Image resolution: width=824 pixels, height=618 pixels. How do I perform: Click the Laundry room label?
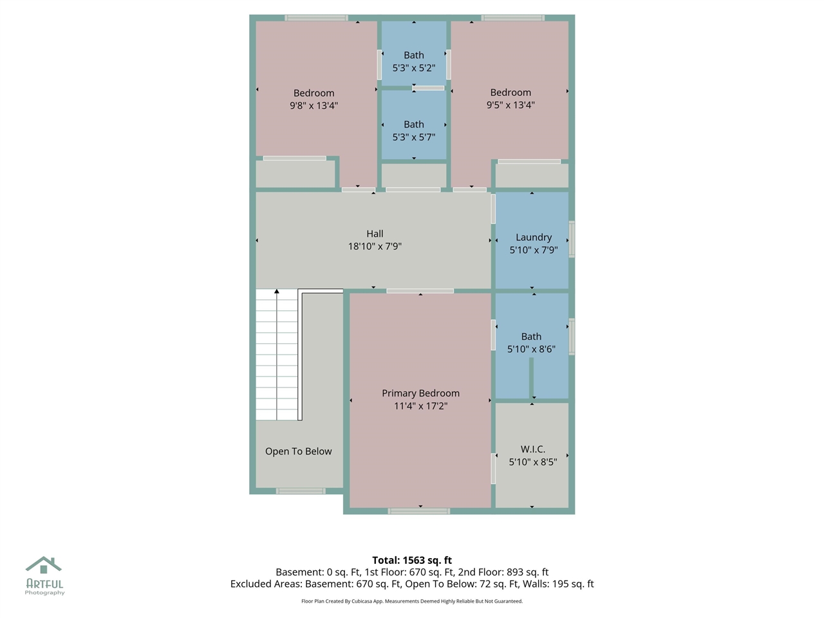coord(534,237)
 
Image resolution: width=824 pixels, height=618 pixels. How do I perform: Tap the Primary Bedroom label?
coord(420,393)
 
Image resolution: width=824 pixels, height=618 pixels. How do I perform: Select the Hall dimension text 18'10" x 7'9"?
coord(375,246)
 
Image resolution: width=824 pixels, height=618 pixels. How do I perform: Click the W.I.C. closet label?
coord(533,449)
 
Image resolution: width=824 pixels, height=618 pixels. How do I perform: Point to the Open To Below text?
coord(299,451)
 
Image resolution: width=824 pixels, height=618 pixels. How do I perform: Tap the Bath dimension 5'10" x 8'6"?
coord(531,349)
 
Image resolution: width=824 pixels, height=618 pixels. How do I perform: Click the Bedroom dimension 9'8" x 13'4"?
coord(314,105)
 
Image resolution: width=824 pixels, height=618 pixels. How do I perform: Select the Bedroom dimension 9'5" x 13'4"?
coord(510,105)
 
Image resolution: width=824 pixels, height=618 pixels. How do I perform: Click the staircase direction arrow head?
coord(277,292)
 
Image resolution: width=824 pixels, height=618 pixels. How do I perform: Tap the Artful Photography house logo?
coord(44,566)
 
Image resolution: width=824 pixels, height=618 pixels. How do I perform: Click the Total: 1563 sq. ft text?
coord(412,560)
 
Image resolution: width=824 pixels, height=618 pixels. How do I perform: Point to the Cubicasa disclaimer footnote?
coord(412,601)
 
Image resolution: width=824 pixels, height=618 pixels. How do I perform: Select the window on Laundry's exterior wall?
coord(572,239)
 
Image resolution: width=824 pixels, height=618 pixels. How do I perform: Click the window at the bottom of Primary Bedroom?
coord(419,511)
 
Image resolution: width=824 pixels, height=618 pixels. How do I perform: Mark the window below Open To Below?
coord(301,491)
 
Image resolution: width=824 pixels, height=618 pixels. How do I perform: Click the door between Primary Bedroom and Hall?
coord(420,291)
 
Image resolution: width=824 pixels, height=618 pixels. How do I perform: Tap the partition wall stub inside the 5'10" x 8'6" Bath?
coord(532,379)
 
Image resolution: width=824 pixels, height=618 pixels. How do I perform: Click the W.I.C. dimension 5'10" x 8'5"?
coord(533,462)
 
